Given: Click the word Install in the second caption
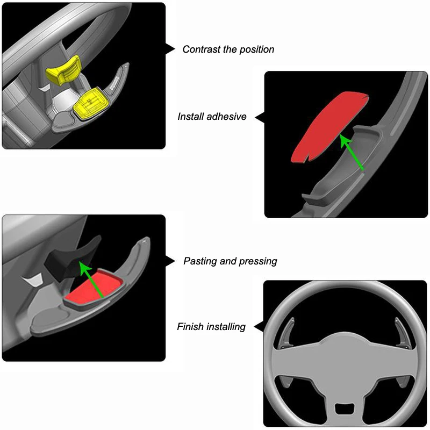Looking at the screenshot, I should point(191,116).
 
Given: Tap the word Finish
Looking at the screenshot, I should point(190,326).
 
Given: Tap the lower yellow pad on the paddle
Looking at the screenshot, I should point(89,104).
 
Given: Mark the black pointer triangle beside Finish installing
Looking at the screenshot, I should point(259,325).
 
